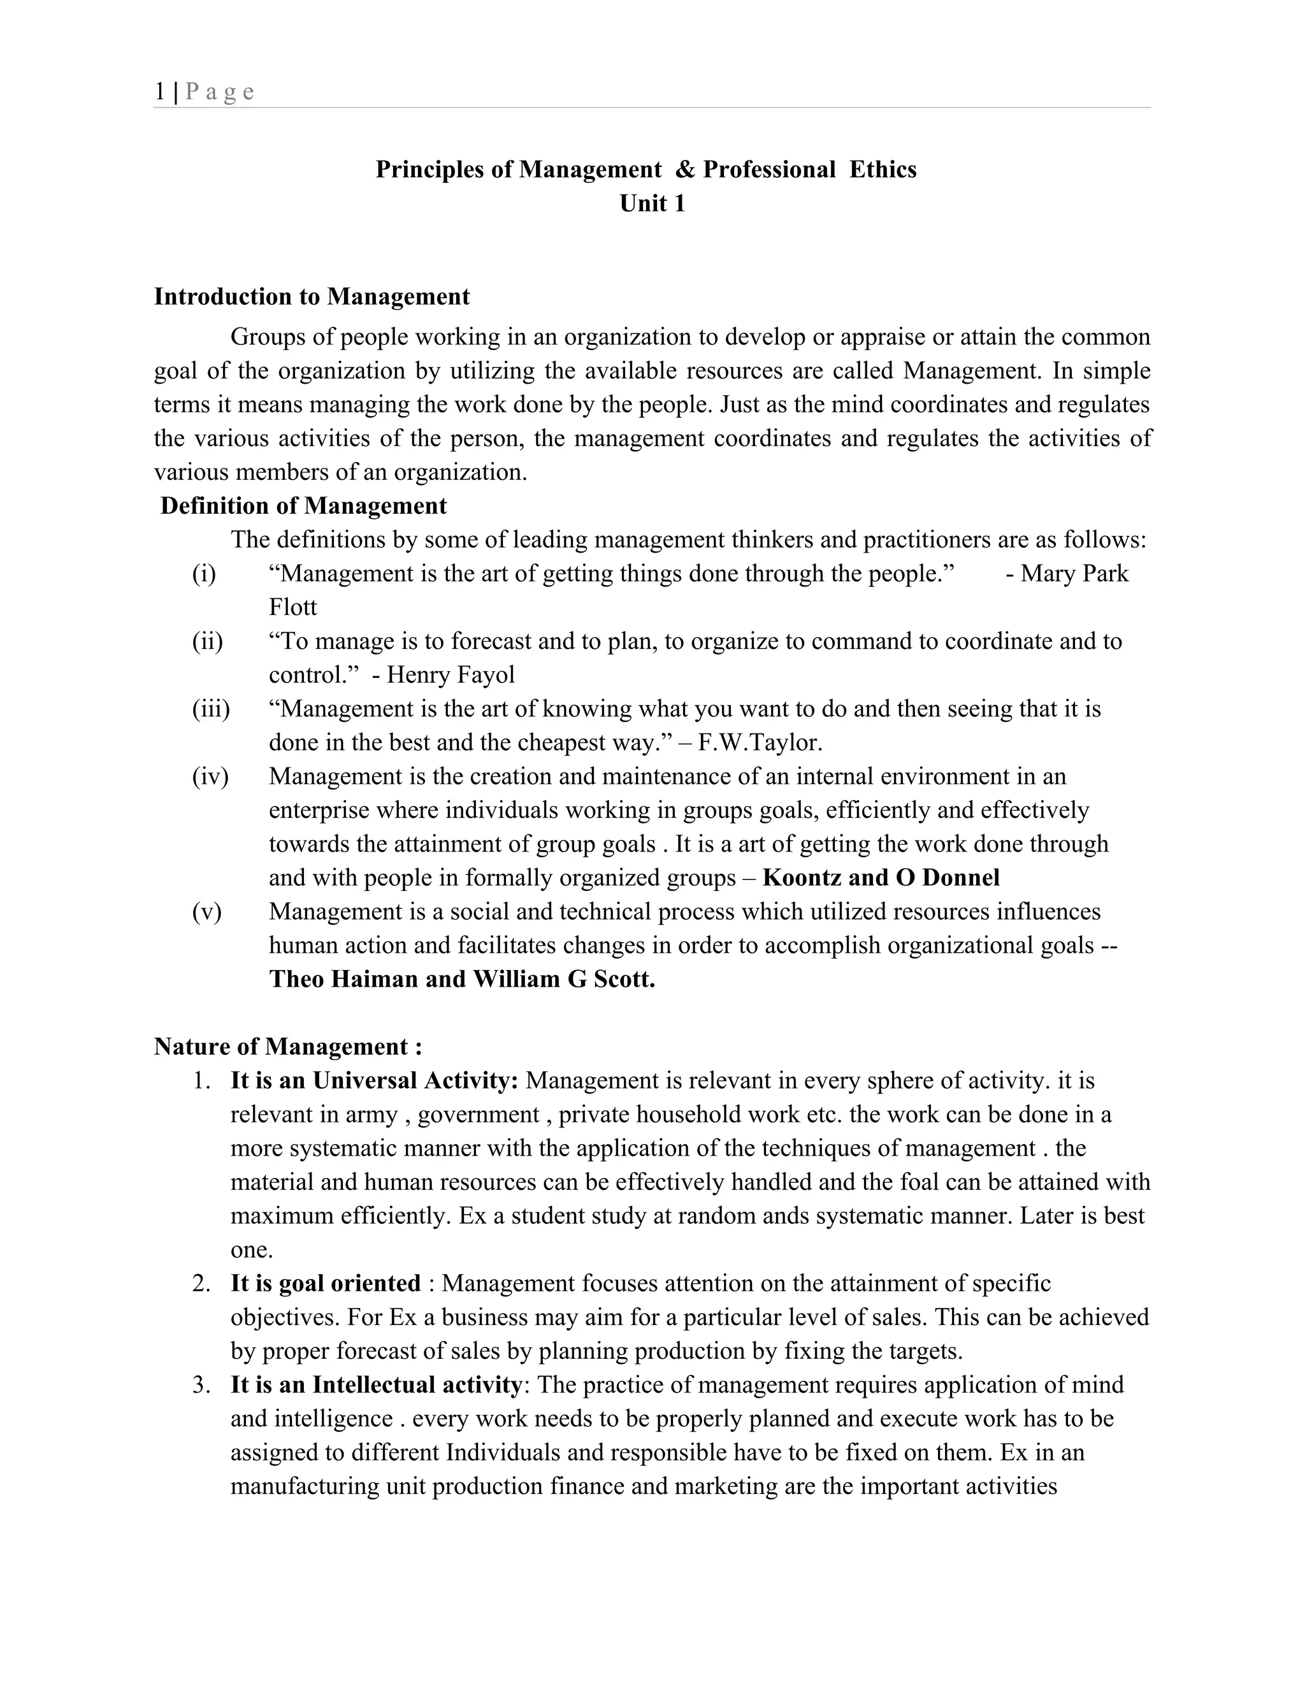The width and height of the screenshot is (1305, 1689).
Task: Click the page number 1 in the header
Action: pyautogui.click(x=159, y=92)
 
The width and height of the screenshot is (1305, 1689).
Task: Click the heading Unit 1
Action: pyautogui.click(x=652, y=203)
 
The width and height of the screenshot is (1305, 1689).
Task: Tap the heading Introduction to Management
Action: pyautogui.click(x=312, y=296)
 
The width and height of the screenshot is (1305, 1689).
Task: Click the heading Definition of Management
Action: pyautogui.click(x=303, y=506)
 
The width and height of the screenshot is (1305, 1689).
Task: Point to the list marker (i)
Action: pyautogui.click(x=204, y=574)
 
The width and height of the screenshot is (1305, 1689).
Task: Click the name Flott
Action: pyautogui.click(x=292, y=607)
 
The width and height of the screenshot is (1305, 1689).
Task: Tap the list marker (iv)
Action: pyautogui.click(x=210, y=776)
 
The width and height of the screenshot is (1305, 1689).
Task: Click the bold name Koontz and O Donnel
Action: pyautogui.click(x=881, y=878)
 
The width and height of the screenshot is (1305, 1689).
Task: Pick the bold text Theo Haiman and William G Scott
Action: pyautogui.click(x=461, y=980)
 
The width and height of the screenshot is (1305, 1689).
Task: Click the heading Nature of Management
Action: pyautogui.click(x=287, y=1047)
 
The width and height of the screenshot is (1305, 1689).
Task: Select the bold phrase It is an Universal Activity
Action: pyautogui.click(x=374, y=1080)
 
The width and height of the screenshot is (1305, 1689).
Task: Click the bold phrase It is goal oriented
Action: pyautogui.click(x=326, y=1284)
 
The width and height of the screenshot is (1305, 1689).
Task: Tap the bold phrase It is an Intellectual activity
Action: pyautogui.click(x=376, y=1384)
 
